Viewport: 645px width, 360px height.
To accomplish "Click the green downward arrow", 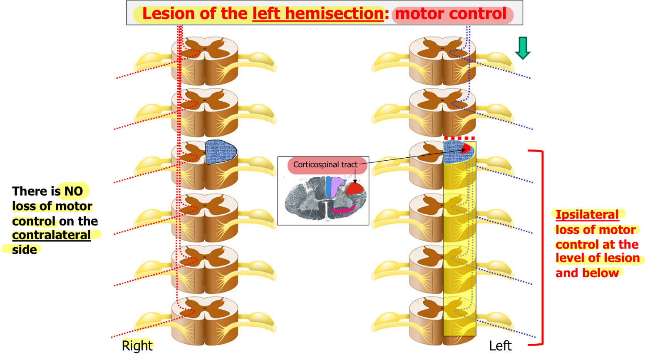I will point(523,47).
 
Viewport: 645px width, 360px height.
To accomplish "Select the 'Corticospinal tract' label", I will point(325,165).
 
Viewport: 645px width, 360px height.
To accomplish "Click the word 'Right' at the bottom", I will point(137,345).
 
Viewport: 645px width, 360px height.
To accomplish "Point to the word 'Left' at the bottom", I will point(500,345).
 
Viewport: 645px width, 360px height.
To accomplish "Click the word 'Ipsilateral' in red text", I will point(587,215).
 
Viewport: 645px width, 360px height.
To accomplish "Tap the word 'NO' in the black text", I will point(74,191).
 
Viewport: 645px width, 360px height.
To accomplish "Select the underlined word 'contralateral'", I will point(51,235).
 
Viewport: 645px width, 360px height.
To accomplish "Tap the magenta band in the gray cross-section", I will point(343,209).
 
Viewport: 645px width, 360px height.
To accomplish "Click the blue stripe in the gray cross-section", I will point(328,186).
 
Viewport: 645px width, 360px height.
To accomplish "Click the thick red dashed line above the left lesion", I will point(459,138).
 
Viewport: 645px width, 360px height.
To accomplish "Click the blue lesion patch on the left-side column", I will point(221,152).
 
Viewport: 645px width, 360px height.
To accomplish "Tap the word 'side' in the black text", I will point(25,250).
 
